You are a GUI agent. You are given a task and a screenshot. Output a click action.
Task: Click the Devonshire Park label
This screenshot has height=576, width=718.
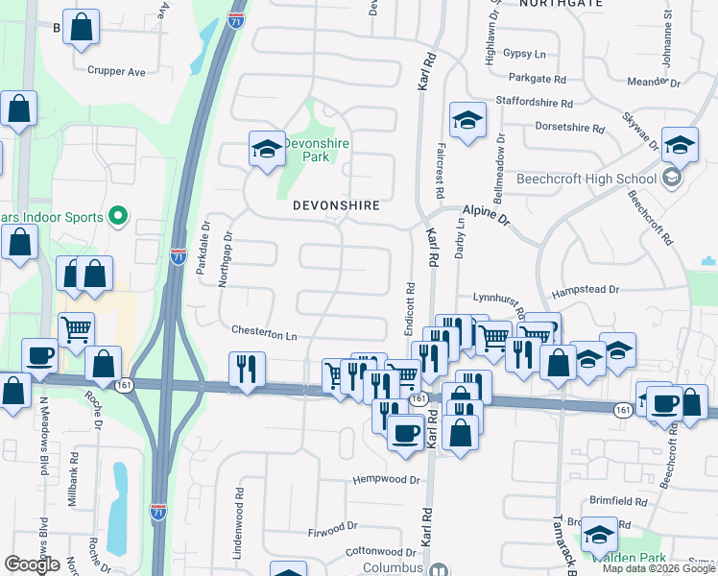[x=316, y=150]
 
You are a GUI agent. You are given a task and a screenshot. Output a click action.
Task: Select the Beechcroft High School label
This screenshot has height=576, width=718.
[x=586, y=179]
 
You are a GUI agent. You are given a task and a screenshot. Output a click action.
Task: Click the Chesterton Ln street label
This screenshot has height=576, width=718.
[x=264, y=333]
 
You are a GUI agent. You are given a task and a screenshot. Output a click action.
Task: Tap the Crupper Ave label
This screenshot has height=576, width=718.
[x=115, y=71]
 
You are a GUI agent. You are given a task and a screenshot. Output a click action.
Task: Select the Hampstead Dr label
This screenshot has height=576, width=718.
[x=587, y=288]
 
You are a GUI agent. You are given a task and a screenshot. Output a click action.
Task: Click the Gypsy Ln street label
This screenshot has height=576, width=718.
[x=524, y=54]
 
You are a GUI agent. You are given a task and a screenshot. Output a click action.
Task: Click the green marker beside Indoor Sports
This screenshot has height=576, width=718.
[x=119, y=216]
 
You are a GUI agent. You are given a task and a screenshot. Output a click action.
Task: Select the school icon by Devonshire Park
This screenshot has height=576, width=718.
[x=267, y=149]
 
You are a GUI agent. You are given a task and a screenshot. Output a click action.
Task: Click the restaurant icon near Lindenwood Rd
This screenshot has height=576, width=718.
[x=248, y=369]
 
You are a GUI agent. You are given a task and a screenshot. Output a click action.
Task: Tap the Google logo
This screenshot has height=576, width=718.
[x=32, y=564]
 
